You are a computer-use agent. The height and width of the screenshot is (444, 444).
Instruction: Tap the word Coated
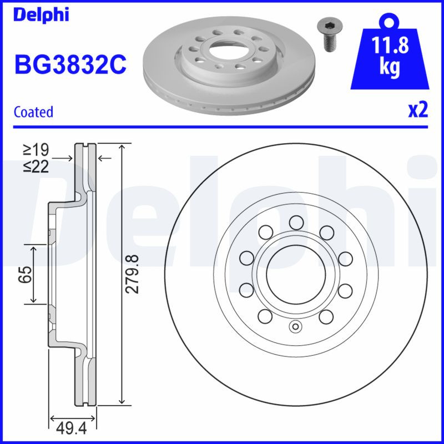pyautogui.click(x=33, y=112)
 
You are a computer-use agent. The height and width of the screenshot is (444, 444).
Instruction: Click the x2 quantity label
pyautogui.click(x=418, y=110)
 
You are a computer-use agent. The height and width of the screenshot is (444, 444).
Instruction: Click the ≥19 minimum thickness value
pyautogui.click(x=36, y=149)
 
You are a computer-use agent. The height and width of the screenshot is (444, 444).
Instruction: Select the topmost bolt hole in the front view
pyautogui.click(x=295, y=223)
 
